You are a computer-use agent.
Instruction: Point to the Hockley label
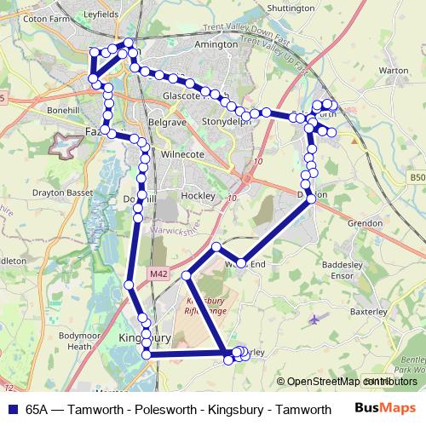point(199,195)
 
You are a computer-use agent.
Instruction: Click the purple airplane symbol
point(319,319)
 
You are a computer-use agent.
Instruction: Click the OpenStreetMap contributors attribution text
point(349,382)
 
